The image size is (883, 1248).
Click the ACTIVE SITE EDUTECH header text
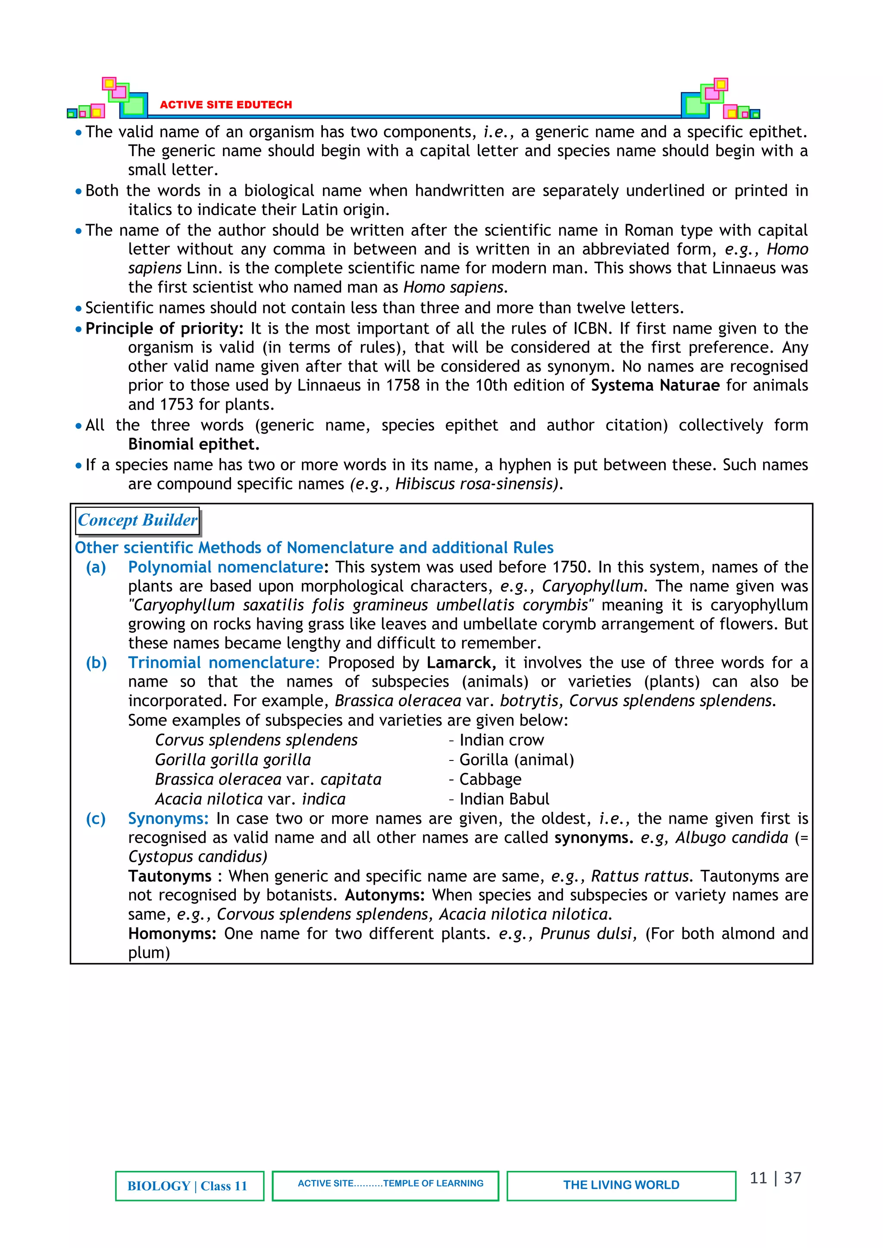(x=225, y=104)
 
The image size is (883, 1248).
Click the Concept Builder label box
(x=137, y=520)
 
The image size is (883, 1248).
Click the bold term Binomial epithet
(x=194, y=444)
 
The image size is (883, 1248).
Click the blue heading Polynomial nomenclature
(x=225, y=567)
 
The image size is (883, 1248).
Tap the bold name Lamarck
(x=460, y=663)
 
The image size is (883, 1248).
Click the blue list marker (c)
(x=96, y=819)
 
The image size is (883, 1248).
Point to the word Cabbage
(x=490, y=779)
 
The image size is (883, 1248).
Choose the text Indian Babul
(x=504, y=799)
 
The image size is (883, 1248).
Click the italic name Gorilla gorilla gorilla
(x=233, y=760)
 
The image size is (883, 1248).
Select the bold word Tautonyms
(x=169, y=876)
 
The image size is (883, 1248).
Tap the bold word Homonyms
(x=172, y=934)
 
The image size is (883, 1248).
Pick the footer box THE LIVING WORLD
(x=621, y=1185)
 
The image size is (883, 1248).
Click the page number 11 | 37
(x=775, y=1178)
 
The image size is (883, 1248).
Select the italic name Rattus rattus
(x=640, y=876)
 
